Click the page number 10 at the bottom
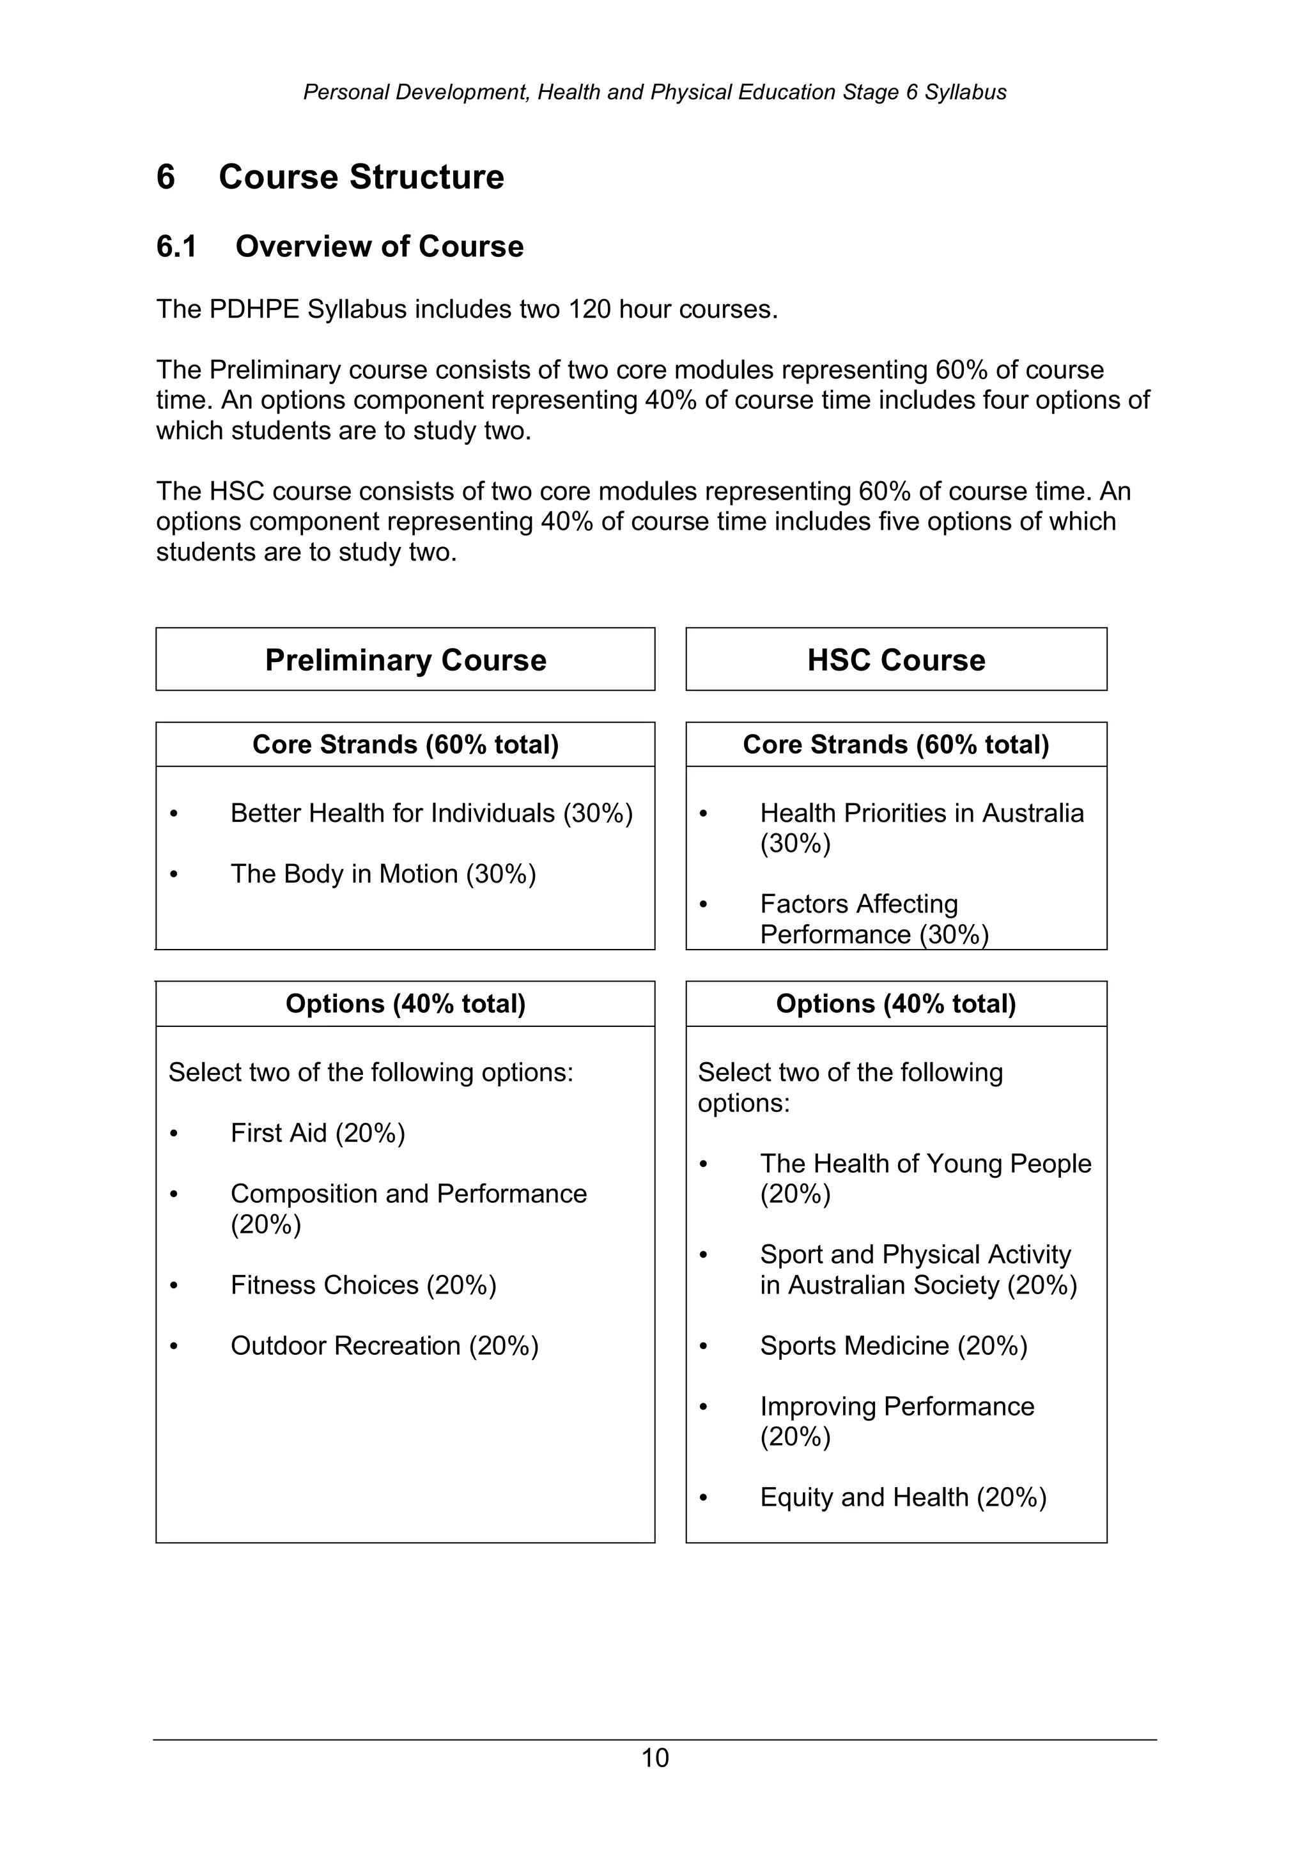(x=654, y=1757)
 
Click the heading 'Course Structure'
(x=360, y=176)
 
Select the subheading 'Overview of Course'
(x=379, y=247)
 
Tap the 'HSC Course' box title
(x=895, y=660)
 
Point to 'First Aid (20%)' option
(x=318, y=1133)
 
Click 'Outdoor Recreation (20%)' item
(x=384, y=1345)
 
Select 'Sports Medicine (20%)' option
(x=893, y=1345)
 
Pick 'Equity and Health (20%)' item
(x=902, y=1497)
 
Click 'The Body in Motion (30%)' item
(x=383, y=874)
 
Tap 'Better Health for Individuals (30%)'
(x=431, y=813)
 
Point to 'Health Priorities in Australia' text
(x=921, y=813)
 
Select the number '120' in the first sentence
(x=589, y=309)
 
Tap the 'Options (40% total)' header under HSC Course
(x=895, y=1003)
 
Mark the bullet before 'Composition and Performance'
(x=173, y=1194)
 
